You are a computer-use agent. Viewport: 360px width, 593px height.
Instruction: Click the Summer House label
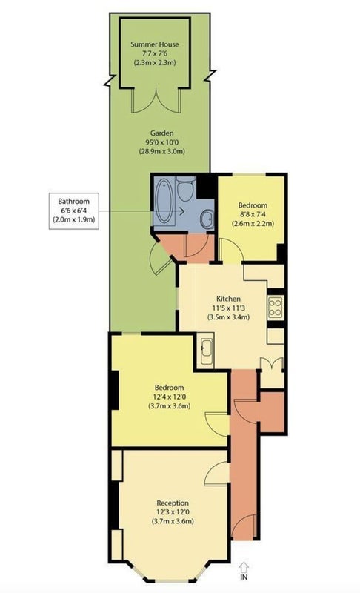click(155, 44)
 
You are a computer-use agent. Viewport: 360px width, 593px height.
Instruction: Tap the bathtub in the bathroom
click(164, 201)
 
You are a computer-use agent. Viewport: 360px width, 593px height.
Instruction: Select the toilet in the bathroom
click(186, 189)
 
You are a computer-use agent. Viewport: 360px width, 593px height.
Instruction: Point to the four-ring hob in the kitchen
click(275, 307)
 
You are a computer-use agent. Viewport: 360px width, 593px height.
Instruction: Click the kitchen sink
click(206, 351)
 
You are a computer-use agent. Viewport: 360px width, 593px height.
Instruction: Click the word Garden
click(161, 133)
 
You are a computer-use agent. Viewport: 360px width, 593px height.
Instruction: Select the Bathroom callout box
click(73, 211)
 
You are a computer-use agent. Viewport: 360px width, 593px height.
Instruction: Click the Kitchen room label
click(228, 299)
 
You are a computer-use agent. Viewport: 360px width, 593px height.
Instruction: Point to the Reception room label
click(173, 503)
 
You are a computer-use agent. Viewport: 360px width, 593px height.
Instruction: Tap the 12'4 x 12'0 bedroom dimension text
click(169, 397)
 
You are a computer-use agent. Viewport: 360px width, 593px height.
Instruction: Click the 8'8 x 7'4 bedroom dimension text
click(253, 214)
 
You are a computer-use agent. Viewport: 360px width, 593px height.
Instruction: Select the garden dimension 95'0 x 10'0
click(161, 142)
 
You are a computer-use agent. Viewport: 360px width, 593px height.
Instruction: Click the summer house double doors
click(156, 101)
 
